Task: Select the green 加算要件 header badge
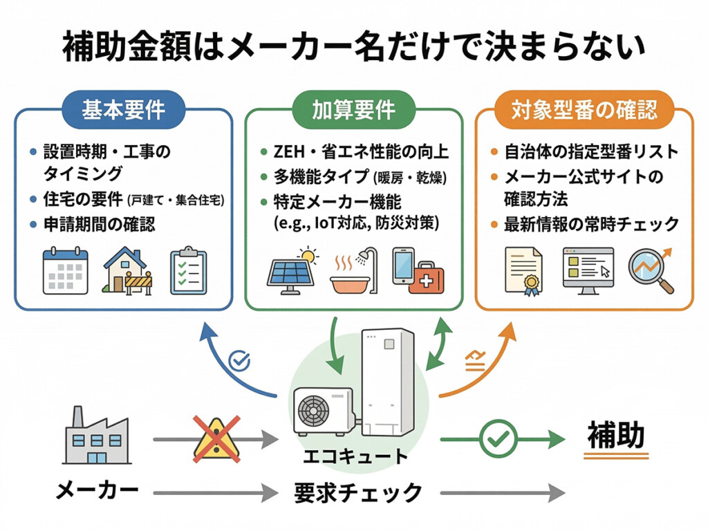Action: point(353,109)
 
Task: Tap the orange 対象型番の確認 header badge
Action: point(584,109)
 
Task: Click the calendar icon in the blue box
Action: point(65,271)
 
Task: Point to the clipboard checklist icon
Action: point(188,271)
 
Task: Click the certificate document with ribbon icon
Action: point(523,271)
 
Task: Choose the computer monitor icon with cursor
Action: point(587,271)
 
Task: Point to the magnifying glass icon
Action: point(650,271)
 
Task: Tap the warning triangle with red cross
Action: point(216,437)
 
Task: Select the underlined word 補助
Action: point(615,436)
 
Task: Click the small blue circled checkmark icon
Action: point(239,360)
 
